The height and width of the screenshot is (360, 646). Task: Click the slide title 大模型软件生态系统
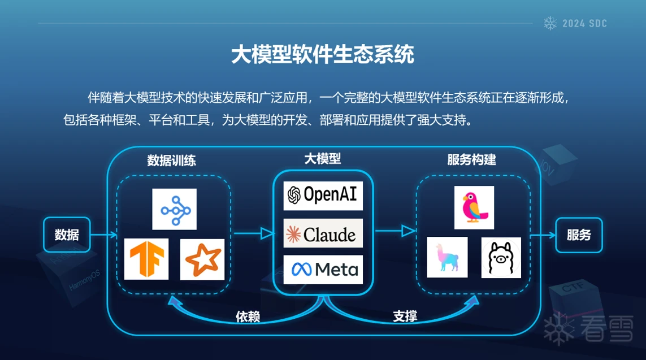[x=323, y=55]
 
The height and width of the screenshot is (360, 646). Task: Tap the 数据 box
[x=67, y=235]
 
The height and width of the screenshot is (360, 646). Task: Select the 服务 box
[x=579, y=235]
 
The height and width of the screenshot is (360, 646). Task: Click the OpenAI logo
[x=323, y=195]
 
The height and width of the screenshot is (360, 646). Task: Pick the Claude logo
[x=323, y=233]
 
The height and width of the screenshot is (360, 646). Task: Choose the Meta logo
[x=323, y=270]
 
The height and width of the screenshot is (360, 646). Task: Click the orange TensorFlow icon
[x=146, y=259]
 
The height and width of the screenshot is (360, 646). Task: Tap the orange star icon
[x=202, y=259]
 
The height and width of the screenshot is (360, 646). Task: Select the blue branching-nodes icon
[x=174, y=209]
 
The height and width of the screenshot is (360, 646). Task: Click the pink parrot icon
[x=474, y=207]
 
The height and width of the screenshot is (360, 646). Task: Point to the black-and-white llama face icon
[x=501, y=258]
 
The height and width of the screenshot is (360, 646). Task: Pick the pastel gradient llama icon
[x=447, y=257]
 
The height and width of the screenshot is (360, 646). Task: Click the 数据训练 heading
[x=171, y=161]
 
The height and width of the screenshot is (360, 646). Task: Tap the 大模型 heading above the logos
[x=323, y=159]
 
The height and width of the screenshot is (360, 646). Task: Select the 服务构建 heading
[x=471, y=160]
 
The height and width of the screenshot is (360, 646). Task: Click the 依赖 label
[x=248, y=316]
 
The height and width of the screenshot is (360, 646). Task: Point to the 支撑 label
[x=405, y=316]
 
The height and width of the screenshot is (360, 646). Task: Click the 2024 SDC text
[x=584, y=24]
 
